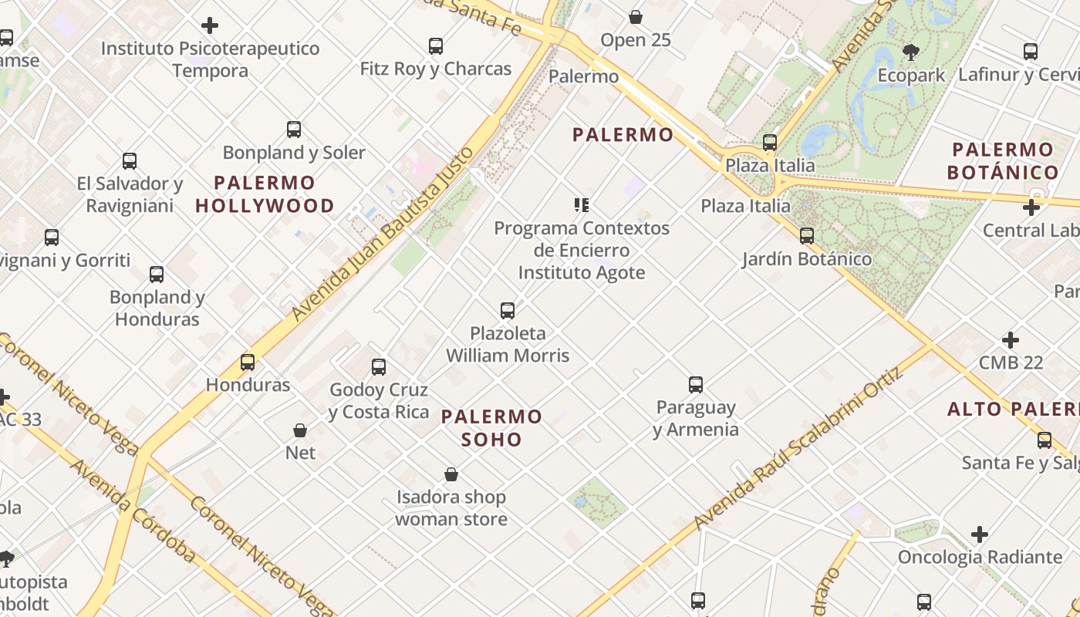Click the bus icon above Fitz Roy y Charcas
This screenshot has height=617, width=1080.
coord(436,46)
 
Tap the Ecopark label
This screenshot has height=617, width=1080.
coord(911,76)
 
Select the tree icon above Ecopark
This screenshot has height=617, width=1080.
coord(911,52)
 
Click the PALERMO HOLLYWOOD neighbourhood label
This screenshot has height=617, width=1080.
coord(265,194)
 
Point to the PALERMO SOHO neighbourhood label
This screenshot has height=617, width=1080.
coord(491,428)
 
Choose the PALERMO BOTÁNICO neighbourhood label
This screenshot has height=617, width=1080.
coord(1003,161)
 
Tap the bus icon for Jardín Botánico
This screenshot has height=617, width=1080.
coord(807,236)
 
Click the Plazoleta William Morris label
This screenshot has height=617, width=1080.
coord(508,345)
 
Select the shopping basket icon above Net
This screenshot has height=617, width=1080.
coord(300,430)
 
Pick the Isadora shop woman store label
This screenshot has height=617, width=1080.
coord(451,507)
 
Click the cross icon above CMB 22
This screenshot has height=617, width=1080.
coord(1011,340)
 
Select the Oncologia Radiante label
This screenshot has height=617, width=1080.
coord(980,557)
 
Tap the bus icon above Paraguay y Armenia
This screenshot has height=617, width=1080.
coord(696,384)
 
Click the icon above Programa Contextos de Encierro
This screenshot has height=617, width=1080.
coord(582,205)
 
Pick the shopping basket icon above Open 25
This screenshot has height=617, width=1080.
coord(636,17)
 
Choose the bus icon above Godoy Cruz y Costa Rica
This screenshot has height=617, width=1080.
coord(379,367)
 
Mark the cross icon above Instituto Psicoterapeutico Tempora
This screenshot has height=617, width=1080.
coord(209,25)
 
